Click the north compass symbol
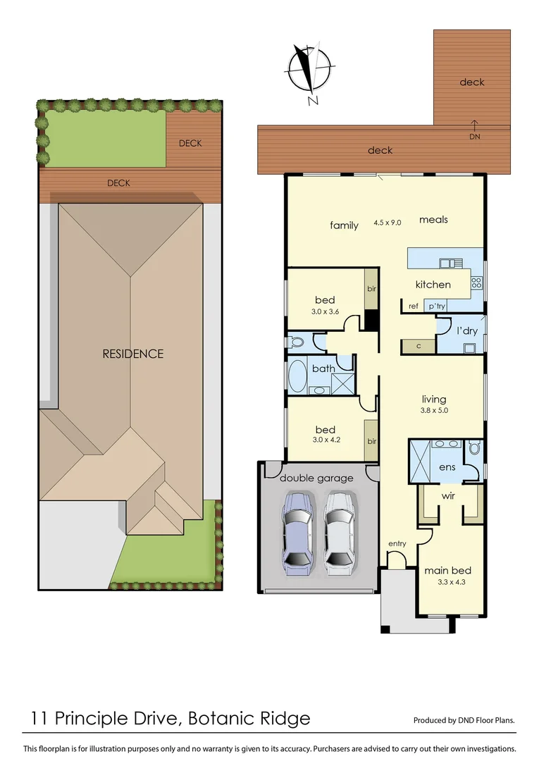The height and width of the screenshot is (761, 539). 307,68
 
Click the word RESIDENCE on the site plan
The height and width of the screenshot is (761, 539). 132,354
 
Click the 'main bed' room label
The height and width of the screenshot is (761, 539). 447,570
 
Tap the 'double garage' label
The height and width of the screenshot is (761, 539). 316,478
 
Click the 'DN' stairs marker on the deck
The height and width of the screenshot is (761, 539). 474,137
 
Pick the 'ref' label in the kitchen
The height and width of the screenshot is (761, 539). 414,306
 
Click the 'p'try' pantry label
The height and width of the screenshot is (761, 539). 437,306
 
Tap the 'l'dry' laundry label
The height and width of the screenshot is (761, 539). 467,330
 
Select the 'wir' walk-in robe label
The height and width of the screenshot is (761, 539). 447,496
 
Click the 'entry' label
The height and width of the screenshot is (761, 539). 397,543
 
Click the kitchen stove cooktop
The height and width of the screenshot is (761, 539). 476,283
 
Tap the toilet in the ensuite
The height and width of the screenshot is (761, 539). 474,447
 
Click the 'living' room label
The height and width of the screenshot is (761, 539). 434,399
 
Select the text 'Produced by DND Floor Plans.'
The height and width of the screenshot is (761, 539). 464,720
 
